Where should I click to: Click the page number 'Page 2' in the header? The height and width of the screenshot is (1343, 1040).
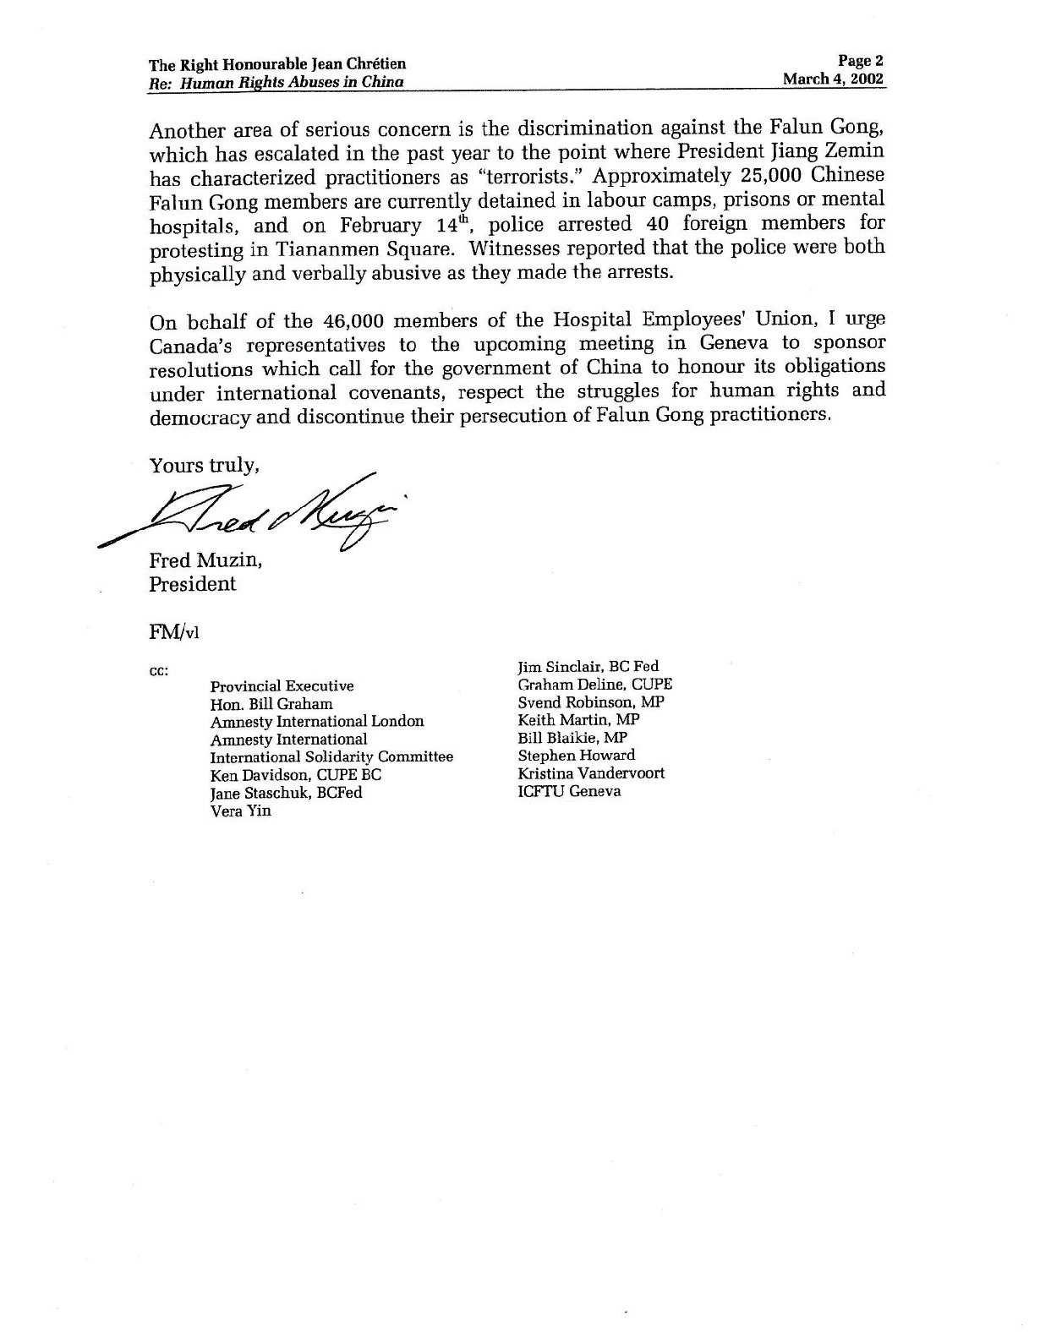coord(860,61)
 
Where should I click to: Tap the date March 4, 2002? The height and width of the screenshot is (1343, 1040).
coord(834,79)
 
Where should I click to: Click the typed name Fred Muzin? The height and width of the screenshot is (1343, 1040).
coord(205,560)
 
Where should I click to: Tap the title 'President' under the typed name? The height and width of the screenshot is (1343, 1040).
coord(193,584)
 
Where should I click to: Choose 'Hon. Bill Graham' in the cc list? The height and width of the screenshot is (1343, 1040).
coord(271,704)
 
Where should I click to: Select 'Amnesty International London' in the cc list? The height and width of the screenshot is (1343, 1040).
coord(317,722)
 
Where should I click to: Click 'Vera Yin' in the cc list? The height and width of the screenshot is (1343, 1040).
coord(241,811)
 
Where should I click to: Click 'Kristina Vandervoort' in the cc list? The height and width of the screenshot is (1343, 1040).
coord(591,773)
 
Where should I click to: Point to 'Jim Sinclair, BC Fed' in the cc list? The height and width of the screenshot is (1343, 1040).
coord(588,667)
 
